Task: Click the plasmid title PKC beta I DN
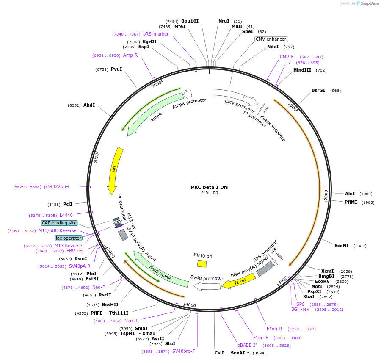click(x=209, y=187)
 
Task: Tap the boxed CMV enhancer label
click(x=271, y=39)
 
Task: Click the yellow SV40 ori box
click(x=202, y=263)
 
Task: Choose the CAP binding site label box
click(x=59, y=223)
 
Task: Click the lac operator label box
click(x=68, y=238)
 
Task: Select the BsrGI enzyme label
click(x=318, y=90)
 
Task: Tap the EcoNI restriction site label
click(x=341, y=246)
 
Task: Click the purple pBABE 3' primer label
click(x=247, y=345)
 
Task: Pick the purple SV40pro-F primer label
click(x=183, y=351)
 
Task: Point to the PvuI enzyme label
click(x=116, y=69)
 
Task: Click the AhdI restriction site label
click(x=89, y=105)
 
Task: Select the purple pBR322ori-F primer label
click(x=57, y=186)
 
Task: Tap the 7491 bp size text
click(x=209, y=193)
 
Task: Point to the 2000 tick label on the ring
click(x=326, y=195)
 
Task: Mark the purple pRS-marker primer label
click(x=156, y=34)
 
